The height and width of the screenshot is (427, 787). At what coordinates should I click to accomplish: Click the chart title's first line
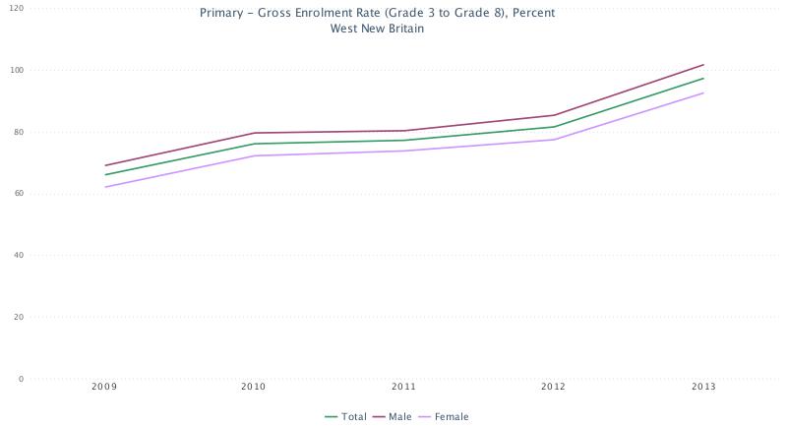[377, 14]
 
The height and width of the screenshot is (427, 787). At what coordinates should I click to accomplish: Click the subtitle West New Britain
[377, 29]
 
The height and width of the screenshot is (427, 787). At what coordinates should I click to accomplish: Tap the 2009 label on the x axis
[104, 388]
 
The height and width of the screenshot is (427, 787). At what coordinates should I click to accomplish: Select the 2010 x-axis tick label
[254, 388]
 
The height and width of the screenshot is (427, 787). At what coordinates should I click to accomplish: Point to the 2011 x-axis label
[403, 388]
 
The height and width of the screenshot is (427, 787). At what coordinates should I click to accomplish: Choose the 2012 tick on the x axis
[553, 388]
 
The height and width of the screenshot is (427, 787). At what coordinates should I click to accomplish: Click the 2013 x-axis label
[703, 388]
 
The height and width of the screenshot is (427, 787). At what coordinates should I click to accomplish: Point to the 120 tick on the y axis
[16, 8]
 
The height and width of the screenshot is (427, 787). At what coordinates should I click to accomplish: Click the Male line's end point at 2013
[703, 65]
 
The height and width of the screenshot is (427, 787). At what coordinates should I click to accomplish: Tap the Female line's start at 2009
[104, 187]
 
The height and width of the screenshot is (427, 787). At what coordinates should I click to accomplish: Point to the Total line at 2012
[553, 127]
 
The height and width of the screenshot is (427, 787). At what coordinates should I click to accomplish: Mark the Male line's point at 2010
[254, 133]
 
